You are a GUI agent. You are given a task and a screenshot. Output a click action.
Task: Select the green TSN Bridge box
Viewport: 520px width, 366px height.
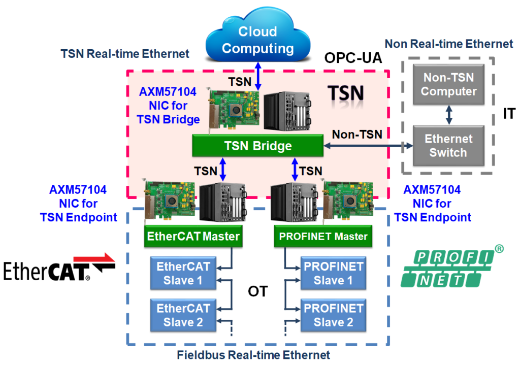(257, 146)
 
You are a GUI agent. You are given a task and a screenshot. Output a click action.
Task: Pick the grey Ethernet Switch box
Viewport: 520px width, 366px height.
(448, 146)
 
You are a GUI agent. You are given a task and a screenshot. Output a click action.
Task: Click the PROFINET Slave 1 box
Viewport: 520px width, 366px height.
(333, 273)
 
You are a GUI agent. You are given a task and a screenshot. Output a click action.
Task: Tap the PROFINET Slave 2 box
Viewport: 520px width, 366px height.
(333, 315)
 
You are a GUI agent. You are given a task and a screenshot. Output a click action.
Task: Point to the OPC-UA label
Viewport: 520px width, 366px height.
(352, 58)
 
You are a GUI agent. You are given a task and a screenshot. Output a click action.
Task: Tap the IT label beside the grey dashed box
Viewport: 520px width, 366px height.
(508, 114)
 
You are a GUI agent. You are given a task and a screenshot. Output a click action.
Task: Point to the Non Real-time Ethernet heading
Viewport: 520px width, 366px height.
(449, 44)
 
